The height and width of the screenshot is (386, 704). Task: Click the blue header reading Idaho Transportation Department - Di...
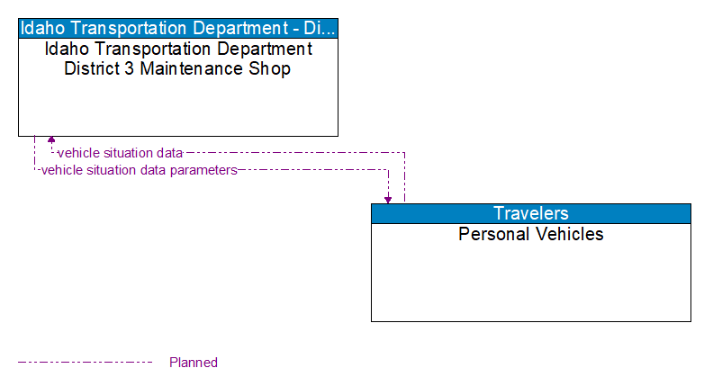tap(178, 27)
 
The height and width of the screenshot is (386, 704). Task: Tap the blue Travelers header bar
tap(531, 213)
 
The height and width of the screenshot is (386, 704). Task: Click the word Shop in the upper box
tap(272, 68)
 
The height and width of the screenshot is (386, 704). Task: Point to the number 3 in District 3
tap(131, 68)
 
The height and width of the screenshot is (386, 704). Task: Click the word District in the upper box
tap(93, 68)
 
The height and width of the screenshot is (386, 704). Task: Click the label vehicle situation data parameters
tap(139, 169)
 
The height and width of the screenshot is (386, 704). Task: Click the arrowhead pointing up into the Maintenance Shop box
tap(51, 140)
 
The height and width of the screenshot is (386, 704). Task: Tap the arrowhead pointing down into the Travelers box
tap(388, 199)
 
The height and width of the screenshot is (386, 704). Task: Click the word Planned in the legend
tap(194, 363)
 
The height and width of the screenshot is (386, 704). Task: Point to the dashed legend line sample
tap(86, 363)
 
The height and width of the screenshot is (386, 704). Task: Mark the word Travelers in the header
tap(531, 213)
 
